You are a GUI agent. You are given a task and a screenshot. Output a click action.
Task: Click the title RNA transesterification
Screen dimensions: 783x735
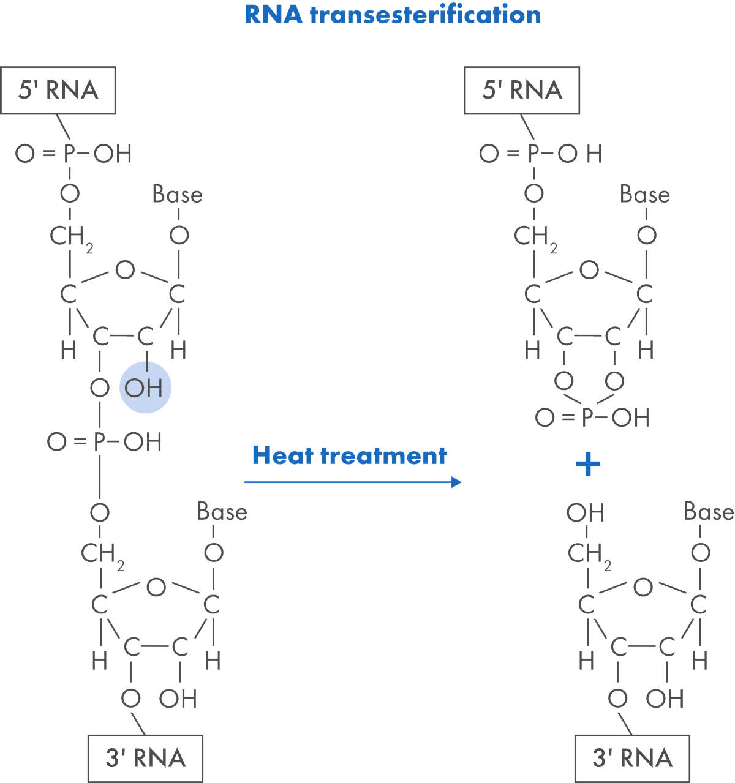392,15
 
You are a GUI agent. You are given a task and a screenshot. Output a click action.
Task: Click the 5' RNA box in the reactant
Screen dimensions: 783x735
58,90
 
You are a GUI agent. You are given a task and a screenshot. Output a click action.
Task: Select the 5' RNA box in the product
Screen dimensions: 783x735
522,90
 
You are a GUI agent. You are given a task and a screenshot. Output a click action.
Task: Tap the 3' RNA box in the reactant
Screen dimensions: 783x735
145,758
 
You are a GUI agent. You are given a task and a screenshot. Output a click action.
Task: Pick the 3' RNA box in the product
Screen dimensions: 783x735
632,758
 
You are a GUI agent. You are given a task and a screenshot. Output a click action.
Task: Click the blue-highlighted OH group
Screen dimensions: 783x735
145,388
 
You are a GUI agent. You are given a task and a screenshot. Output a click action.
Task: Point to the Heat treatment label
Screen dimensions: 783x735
349,455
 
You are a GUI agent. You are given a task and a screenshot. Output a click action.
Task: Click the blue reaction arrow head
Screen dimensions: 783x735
456,482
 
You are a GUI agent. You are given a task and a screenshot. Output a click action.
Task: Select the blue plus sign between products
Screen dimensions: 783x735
588,465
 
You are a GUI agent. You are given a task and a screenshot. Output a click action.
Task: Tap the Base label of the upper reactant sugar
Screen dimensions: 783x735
177,195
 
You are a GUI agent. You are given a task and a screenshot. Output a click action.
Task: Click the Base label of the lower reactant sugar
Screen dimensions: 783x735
222,512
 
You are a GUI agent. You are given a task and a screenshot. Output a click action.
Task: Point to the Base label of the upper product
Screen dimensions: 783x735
644,195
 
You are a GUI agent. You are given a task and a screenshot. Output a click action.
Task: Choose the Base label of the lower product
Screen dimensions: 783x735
708,512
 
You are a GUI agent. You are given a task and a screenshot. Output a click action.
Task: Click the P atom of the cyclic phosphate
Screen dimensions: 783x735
589,418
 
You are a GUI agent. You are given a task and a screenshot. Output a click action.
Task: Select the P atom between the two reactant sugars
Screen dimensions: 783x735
100,441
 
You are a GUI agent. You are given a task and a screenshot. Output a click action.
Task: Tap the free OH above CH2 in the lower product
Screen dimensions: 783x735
586,512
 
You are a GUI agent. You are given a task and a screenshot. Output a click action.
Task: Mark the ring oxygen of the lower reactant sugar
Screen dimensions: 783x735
156,588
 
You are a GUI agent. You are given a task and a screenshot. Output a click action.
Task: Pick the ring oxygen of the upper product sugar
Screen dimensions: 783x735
589,270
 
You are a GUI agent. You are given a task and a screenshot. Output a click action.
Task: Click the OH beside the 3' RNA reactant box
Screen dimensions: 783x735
178,699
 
